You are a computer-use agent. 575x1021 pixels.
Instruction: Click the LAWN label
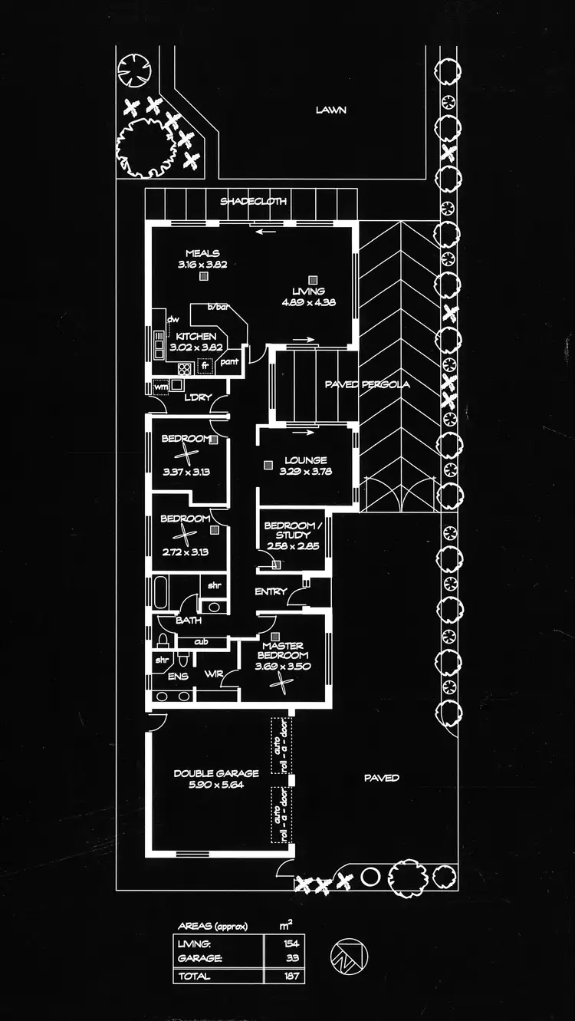(330, 110)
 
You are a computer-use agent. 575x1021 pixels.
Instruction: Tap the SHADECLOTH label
(254, 201)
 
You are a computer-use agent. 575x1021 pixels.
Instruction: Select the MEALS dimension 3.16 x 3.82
(202, 264)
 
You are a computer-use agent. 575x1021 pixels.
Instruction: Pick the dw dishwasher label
(172, 319)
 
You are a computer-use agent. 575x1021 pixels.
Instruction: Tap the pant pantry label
(229, 361)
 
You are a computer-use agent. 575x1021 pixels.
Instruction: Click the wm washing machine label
(160, 387)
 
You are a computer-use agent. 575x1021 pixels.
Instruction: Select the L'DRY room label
(197, 397)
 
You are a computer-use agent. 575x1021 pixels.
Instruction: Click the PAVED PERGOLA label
(366, 384)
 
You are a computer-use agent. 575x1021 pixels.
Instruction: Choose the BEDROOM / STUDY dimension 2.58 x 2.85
(294, 546)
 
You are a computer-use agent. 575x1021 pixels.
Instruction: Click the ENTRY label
(271, 591)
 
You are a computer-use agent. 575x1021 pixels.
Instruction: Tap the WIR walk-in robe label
(213, 675)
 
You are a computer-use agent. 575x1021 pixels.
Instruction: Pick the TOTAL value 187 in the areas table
(291, 976)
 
